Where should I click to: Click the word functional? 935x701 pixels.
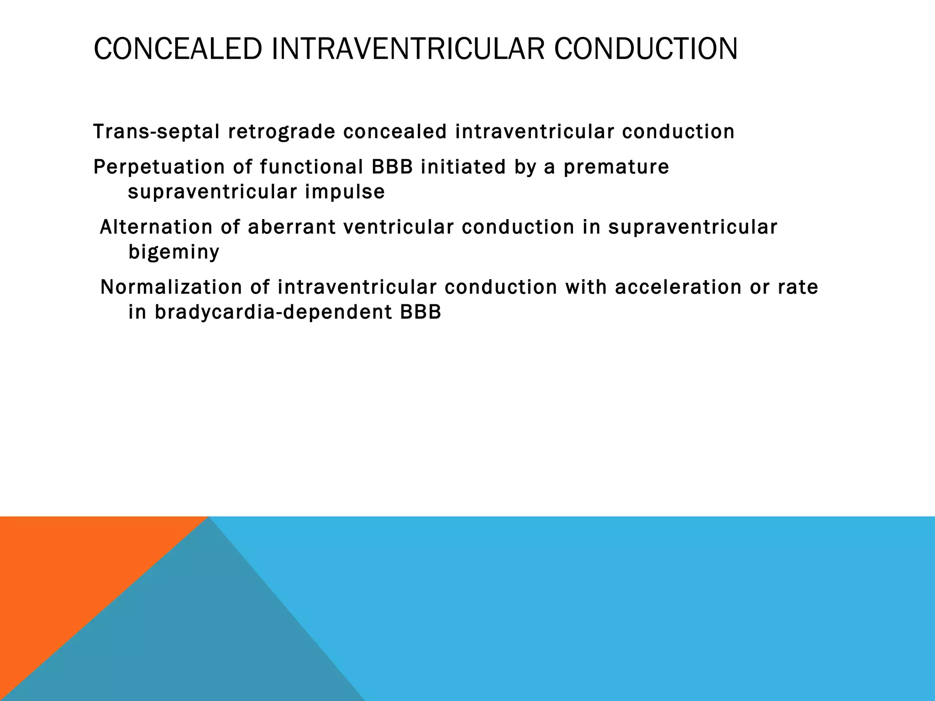coord(311,167)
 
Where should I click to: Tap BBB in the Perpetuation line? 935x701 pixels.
coord(392,167)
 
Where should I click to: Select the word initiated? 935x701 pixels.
coord(463,167)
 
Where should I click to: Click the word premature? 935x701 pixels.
coord(616,167)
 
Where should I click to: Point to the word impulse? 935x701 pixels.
coord(345,192)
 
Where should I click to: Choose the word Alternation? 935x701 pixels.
coord(156,227)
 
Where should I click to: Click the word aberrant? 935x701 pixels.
coord(291,227)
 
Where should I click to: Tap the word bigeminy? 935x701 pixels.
coord(173,252)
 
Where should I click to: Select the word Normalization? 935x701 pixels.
coord(171,288)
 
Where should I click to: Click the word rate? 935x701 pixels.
coord(798,288)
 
